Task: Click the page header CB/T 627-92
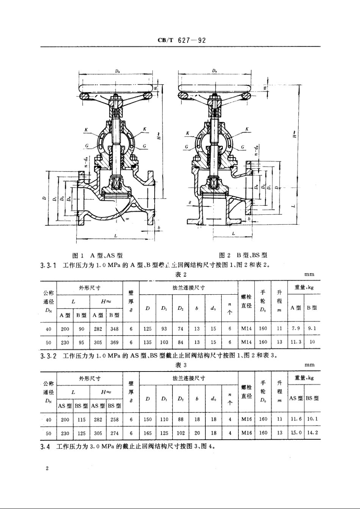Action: click(181, 41)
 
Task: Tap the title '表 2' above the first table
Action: click(180, 274)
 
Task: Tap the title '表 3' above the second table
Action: click(180, 365)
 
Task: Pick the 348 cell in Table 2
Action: click(114, 329)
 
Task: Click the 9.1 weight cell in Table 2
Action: click(312, 329)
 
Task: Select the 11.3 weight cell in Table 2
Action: click(296, 342)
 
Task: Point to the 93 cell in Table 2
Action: click(164, 329)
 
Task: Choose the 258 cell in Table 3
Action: click(114, 420)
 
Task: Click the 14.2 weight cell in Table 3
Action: click(312, 433)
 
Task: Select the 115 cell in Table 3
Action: click(81, 420)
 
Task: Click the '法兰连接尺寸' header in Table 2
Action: click(188, 288)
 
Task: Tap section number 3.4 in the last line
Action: click(45, 447)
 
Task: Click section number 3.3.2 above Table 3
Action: click(48, 356)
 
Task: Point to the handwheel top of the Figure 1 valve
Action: click(117, 87)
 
